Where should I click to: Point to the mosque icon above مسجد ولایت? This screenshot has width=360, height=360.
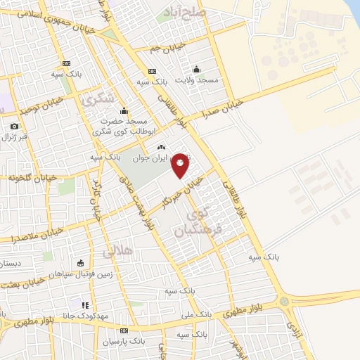point(196,69)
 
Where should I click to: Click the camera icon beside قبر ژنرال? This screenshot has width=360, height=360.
point(14,126)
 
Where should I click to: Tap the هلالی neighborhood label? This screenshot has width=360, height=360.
point(117,250)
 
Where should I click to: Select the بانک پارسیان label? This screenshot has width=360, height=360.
point(142,341)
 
